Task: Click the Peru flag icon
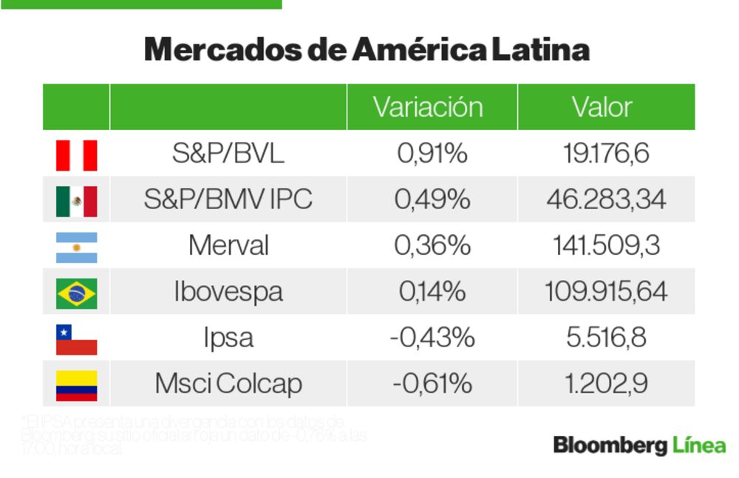coord(76,155)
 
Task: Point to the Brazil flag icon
coord(76,293)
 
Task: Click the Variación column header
coord(428,107)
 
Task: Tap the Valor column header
coord(602,107)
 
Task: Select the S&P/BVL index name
coord(228,154)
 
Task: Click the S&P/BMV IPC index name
coord(228,199)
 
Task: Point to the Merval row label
coord(228,245)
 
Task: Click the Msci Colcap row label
coord(228,384)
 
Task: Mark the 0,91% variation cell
coord(432,154)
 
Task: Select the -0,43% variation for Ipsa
coord(432,338)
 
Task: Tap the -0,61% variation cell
coord(432,384)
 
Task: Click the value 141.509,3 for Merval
coord(606,245)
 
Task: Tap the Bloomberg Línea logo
coord(639,445)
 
